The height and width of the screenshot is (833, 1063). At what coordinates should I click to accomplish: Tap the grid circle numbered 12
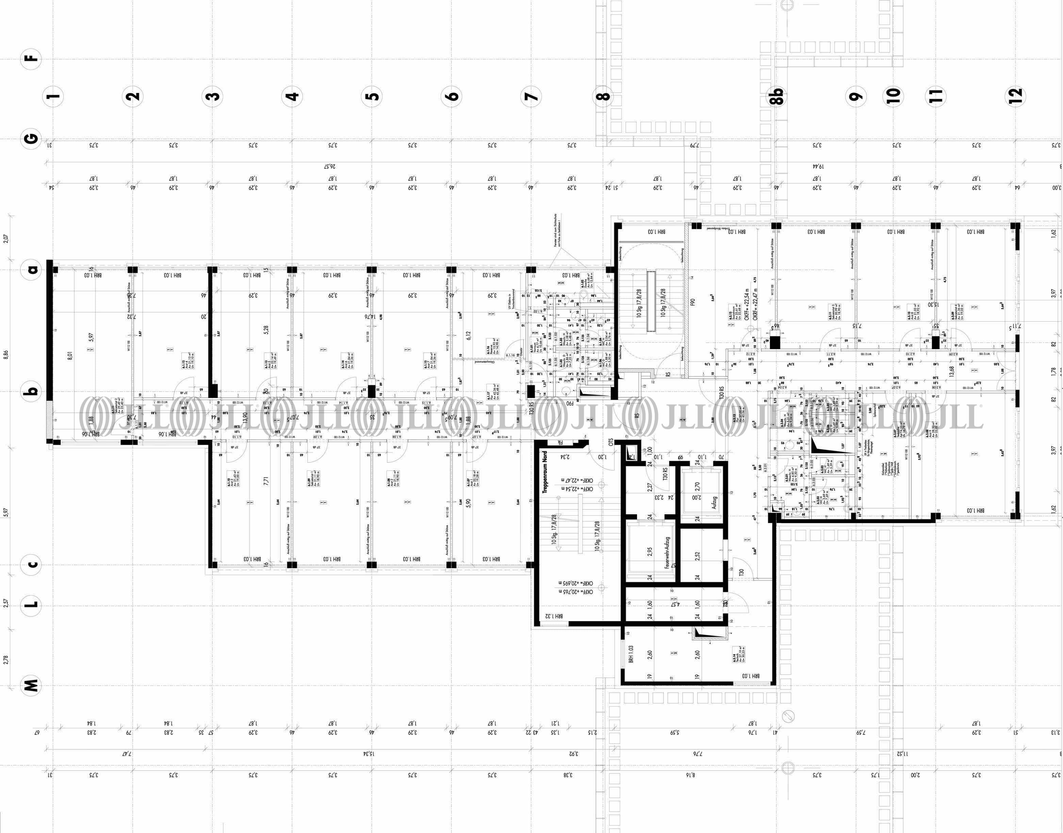(x=1016, y=96)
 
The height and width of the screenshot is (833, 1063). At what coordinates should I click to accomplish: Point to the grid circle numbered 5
(x=372, y=96)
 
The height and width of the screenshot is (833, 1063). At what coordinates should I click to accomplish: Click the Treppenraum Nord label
(x=545, y=472)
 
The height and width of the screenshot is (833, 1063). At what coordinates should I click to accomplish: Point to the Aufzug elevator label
(x=714, y=503)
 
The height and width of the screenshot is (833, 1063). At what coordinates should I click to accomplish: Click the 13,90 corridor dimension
(x=245, y=418)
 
